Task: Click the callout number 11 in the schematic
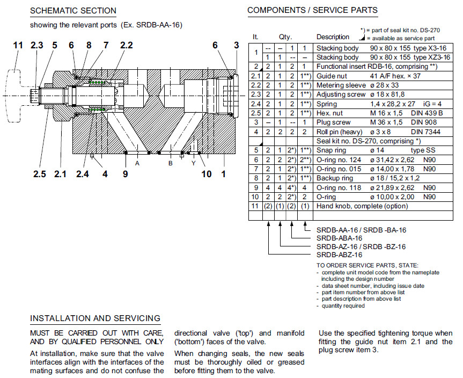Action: tap(18, 46)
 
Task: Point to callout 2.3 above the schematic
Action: tap(37, 46)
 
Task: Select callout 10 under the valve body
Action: tap(207, 174)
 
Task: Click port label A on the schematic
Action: tap(138, 163)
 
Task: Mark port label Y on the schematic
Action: tap(193, 163)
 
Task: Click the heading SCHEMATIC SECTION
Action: tap(73, 11)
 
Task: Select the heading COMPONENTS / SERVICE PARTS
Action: tap(312, 10)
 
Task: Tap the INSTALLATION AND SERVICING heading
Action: tap(95, 318)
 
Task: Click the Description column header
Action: tap(333, 37)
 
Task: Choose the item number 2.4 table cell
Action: tap(256, 104)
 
